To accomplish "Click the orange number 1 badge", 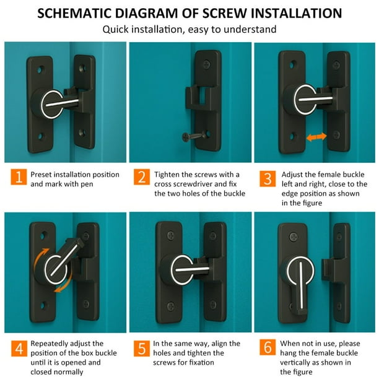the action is (x=19, y=176).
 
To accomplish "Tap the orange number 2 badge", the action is (x=142, y=176).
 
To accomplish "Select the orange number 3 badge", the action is (x=268, y=178).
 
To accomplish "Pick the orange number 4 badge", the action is (x=19, y=349).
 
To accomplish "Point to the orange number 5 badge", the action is (x=142, y=349).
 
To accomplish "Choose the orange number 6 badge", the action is (x=268, y=347).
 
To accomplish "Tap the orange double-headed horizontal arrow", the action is (x=316, y=137).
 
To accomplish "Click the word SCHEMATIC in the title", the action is (x=74, y=13).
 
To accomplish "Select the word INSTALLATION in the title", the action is (x=297, y=13).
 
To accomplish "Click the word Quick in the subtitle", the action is (x=116, y=30).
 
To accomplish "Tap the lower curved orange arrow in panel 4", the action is (x=64, y=284).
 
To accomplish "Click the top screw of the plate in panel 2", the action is (x=207, y=64).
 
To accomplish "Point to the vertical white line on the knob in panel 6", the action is (x=301, y=285).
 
